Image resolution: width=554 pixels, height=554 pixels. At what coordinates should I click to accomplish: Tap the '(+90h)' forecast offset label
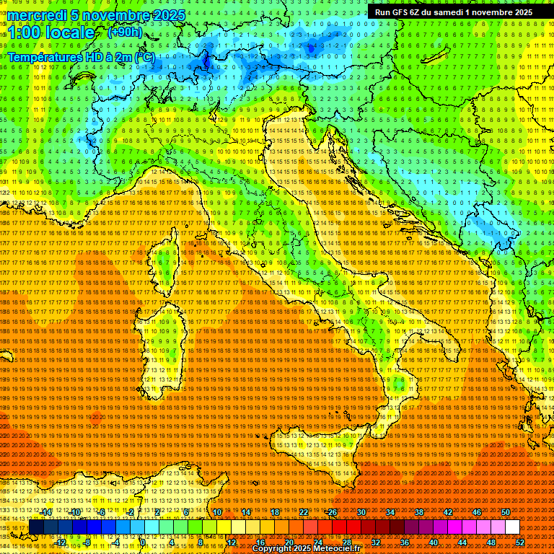coord(125,32)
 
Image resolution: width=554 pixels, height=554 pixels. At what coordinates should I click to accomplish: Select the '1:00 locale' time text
coord(51,33)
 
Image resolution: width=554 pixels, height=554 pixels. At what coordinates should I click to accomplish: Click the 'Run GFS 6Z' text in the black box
coord(401,12)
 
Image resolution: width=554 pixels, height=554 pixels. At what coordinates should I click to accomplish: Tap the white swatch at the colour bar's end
coord(512,527)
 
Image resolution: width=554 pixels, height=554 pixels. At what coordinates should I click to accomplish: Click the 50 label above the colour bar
coord(505,512)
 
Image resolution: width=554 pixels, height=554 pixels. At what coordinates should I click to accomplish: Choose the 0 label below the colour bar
coord(144,542)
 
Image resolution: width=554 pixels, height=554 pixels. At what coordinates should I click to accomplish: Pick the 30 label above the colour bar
coord(361,512)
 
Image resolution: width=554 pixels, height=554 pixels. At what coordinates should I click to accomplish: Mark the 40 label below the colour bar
coord(433,542)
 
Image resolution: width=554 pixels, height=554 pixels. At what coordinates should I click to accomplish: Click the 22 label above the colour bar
coord(303,512)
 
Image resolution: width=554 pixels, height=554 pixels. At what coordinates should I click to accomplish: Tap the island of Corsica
coord(164,263)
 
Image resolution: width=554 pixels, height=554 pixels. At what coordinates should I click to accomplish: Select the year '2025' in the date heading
coord(165,15)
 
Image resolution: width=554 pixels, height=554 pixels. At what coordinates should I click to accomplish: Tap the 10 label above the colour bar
coord(216,512)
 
